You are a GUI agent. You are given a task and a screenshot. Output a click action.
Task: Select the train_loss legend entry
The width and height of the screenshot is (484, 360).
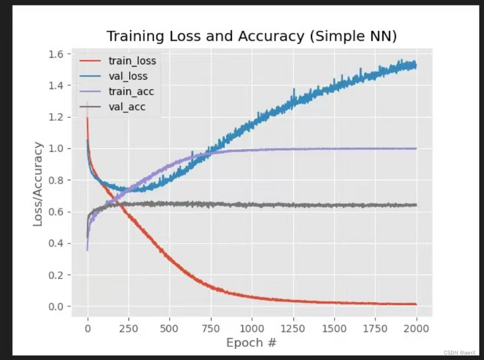click(118, 61)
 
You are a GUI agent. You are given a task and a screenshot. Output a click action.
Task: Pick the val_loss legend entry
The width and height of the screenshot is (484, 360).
click(114, 76)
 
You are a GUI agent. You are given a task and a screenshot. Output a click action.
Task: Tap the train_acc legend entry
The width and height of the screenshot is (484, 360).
click(116, 91)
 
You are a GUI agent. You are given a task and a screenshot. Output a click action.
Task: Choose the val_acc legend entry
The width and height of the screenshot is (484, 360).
click(113, 107)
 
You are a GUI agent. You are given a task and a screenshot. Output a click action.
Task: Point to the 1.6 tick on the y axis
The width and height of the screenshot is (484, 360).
click(55, 54)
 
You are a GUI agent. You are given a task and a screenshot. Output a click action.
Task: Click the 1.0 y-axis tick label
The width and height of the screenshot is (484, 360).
click(55, 148)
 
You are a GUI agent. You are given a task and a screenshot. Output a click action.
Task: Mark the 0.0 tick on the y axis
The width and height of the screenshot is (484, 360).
click(55, 306)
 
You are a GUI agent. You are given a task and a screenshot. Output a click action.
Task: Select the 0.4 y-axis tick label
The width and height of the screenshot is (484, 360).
click(55, 243)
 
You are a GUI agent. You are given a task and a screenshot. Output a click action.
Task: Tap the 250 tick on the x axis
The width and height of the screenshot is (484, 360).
click(129, 329)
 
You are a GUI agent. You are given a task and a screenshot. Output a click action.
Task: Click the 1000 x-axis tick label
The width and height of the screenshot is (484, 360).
click(252, 329)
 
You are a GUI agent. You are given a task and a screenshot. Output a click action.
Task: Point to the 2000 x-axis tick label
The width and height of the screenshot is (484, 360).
click(416, 329)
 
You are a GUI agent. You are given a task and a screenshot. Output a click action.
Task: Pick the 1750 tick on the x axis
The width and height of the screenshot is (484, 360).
click(375, 329)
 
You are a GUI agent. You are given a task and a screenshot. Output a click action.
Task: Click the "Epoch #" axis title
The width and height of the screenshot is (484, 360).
click(251, 343)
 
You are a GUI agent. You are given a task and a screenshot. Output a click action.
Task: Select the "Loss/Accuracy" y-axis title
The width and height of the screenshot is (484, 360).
click(38, 184)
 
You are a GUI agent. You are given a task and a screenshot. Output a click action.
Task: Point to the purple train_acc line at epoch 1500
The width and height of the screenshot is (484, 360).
click(334, 149)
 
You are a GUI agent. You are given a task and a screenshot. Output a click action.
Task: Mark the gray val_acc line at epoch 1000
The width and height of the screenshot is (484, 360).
click(252, 205)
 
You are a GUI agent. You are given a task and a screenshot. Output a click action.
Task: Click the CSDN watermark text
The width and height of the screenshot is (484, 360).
click(460, 353)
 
